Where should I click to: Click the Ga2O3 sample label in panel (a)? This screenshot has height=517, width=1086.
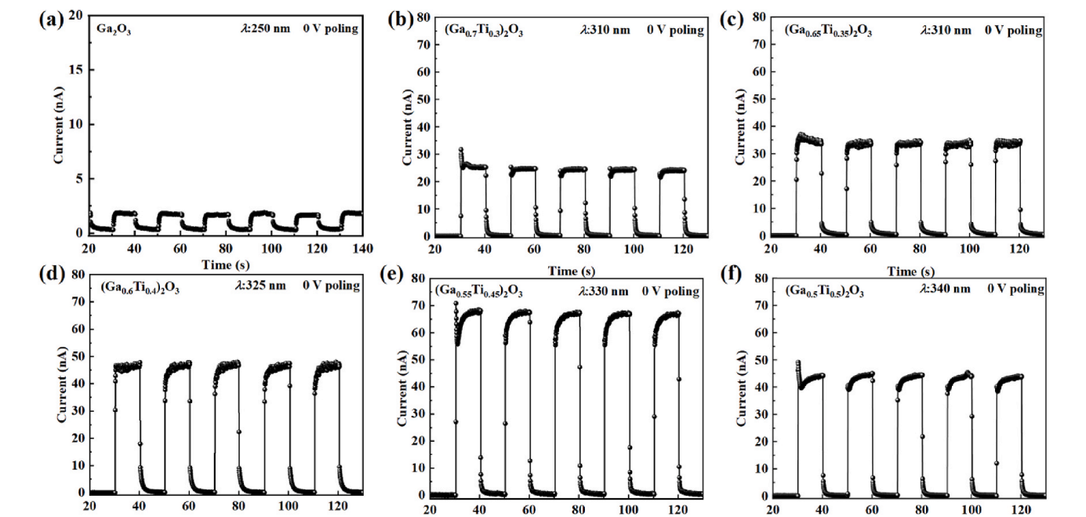(114, 30)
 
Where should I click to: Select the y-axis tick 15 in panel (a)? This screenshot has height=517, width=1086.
(75, 70)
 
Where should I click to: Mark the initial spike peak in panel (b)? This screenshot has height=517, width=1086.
(461, 148)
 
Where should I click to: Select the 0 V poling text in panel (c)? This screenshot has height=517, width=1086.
(1013, 30)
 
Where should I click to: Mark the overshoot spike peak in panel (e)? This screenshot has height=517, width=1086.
(456, 303)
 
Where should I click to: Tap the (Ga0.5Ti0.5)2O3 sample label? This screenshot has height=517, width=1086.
(825, 290)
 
